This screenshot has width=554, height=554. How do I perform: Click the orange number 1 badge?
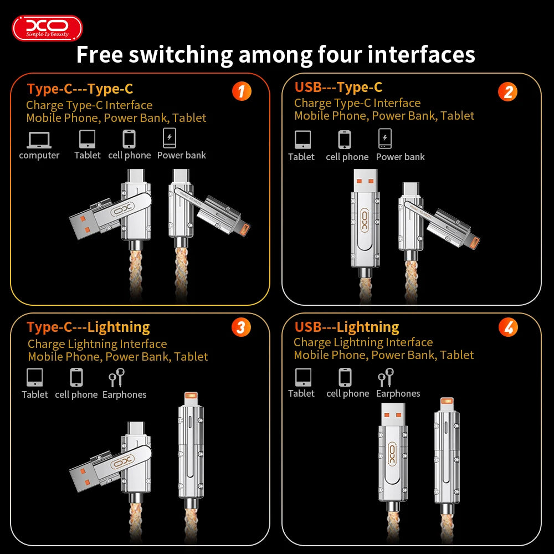click(241, 91)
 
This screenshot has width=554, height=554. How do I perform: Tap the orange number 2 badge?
click(507, 91)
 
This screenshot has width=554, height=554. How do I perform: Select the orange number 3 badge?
click(240, 327)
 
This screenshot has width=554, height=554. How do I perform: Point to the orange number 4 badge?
click(507, 327)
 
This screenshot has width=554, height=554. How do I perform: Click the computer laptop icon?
click(39, 140)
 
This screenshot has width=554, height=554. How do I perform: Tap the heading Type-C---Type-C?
click(80, 89)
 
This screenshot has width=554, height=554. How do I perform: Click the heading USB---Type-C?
click(338, 87)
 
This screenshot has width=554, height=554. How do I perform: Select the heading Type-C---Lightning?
click(88, 327)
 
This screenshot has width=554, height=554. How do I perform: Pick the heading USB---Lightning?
click(346, 327)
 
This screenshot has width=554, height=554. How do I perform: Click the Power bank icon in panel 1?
click(170, 138)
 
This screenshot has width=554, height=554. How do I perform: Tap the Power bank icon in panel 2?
click(384, 138)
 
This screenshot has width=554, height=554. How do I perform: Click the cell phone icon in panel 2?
click(345, 140)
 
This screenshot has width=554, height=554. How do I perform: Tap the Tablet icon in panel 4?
click(303, 377)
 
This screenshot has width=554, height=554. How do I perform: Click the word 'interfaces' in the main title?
click(421, 55)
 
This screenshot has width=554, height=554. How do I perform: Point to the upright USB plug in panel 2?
click(364, 183)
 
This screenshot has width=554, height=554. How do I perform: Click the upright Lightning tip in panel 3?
click(191, 397)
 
